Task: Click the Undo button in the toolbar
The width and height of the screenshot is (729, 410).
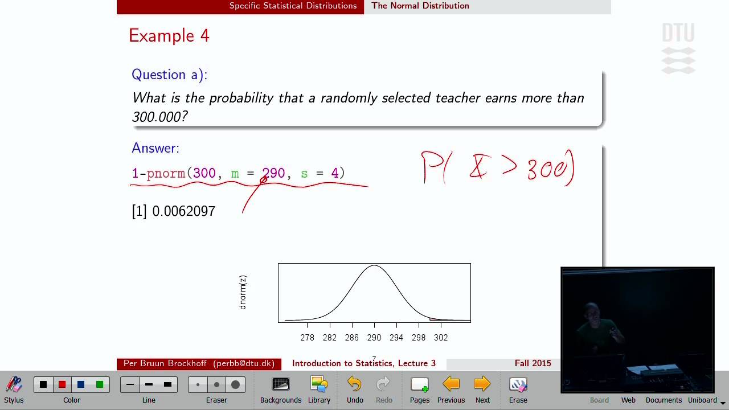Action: coord(354,385)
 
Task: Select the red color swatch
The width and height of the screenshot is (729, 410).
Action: coord(62,384)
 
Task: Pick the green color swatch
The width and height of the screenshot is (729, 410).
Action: coord(100,384)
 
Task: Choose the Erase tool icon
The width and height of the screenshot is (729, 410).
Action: coord(518,385)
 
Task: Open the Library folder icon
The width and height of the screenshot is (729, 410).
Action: coord(319,385)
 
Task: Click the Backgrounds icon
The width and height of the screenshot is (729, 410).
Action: coord(281,385)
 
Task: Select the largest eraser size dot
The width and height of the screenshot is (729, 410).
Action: coord(235,384)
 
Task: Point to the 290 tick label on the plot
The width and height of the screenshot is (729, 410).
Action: coord(374,338)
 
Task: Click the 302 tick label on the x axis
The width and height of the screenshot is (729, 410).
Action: coord(441,338)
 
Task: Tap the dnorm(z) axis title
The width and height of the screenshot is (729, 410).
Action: coord(243,293)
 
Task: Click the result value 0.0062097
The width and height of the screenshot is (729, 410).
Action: coord(183,211)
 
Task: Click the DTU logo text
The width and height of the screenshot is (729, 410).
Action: coord(678,33)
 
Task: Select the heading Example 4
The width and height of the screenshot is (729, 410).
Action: coord(169,36)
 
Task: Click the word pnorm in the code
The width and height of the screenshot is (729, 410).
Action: coord(166,173)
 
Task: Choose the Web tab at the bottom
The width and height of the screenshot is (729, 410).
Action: coord(628,400)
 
